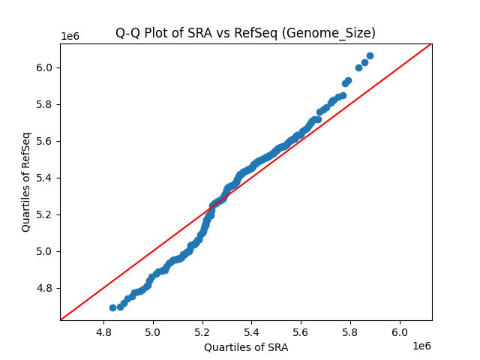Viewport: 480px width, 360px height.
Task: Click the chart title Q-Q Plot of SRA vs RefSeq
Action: point(245,33)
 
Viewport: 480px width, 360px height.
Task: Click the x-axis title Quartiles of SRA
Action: point(245,347)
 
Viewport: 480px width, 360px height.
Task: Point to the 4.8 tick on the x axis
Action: point(104,331)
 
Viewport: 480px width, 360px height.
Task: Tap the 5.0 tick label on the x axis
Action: point(153,331)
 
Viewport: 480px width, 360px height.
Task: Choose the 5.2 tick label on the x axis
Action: point(202,331)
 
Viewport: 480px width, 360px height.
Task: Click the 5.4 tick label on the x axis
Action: point(252,331)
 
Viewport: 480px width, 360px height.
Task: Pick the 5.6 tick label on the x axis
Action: point(301,331)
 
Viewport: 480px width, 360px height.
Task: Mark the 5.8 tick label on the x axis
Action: point(351,331)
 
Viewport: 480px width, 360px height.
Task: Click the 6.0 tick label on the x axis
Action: point(400,331)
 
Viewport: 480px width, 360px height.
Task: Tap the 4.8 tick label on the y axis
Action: point(45,288)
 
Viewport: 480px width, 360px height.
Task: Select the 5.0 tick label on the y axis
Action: point(45,251)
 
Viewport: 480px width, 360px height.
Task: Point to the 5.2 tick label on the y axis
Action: point(45,214)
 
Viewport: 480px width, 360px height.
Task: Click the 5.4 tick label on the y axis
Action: point(45,178)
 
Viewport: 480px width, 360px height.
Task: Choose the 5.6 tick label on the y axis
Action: point(45,141)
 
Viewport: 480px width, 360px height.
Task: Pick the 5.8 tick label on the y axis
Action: point(45,104)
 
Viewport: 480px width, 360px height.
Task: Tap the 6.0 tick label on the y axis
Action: point(45,67)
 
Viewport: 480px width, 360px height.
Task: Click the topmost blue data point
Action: point(370,55)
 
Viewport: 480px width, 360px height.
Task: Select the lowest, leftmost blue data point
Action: point(112,307)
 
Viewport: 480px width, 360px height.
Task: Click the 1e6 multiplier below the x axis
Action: point(421,346)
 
